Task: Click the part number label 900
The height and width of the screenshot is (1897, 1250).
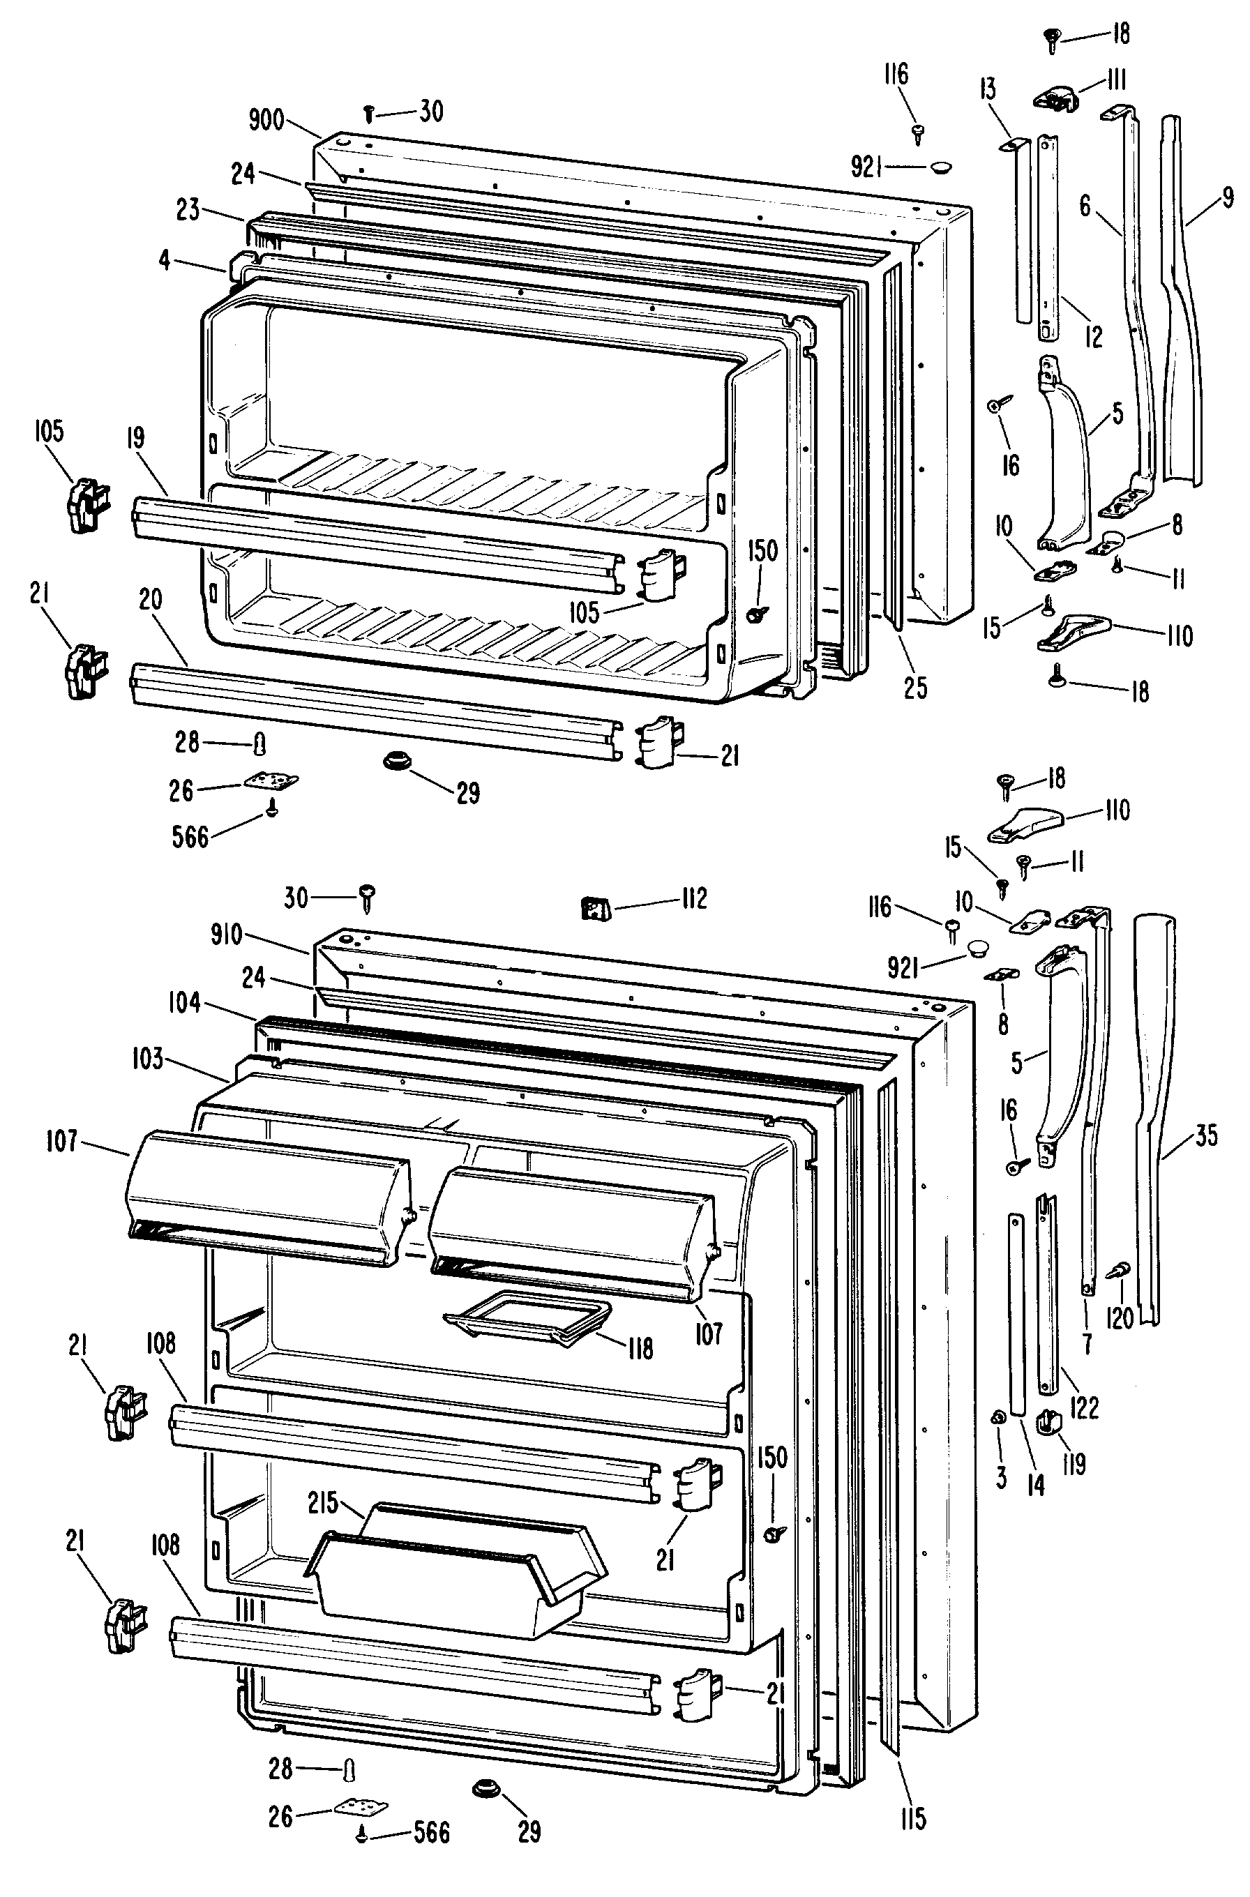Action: click(x=266, y=121)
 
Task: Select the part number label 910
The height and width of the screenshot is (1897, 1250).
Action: click(x=227, y=934)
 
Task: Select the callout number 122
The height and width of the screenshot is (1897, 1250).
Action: click(x=1085, y=1407)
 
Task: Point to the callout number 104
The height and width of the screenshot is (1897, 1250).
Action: click(x=184, y=1003)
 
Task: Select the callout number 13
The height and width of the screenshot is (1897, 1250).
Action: click(x=988, y=89)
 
